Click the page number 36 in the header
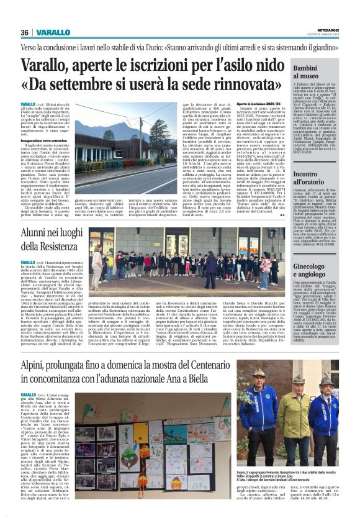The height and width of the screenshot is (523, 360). click(x=25, y=32)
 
